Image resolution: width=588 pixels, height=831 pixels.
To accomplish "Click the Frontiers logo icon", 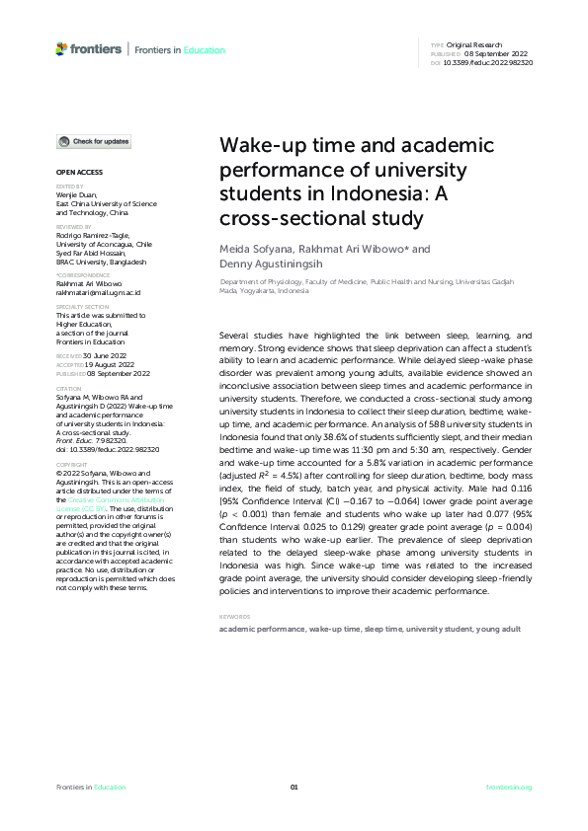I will (61, 48).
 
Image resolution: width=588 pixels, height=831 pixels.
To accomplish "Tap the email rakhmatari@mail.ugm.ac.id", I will (98, 293).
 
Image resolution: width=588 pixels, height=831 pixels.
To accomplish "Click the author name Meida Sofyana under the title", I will (251, 250).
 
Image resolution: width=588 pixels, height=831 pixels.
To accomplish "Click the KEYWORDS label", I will (234, 618).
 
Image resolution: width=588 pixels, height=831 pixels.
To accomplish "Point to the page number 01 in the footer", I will (294, 787).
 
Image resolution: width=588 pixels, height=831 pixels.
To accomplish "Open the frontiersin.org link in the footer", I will (509, 787).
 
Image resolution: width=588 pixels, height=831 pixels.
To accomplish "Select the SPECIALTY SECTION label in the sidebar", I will (82, 307).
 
